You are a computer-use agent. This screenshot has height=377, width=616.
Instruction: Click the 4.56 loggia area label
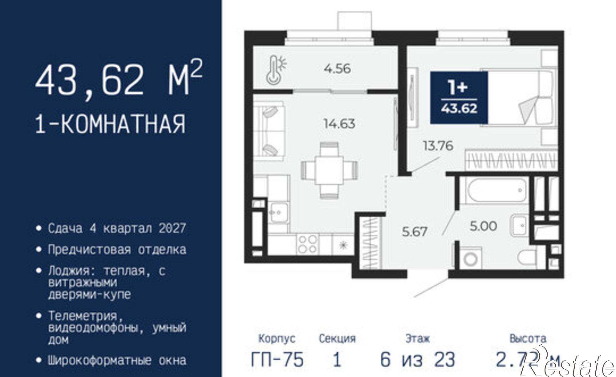click(x=337, y=68)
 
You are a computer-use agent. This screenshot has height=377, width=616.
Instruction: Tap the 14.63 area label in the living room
click(x=339, y=124)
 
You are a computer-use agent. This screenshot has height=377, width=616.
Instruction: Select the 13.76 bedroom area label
click(x=438, y=145)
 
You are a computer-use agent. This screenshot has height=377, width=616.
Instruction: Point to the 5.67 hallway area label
click(x=414, y=232)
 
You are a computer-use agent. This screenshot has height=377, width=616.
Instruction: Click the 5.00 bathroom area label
click(x=483, y=226)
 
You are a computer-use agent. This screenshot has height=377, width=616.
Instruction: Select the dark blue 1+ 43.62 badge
click(x=459, y=97)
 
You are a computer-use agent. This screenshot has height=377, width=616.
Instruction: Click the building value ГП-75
click(x=277, y=359)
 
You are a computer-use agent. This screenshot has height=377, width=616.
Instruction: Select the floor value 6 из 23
click(x=417, y=359)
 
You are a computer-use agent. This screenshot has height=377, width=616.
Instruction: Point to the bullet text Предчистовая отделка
click(x=117, y=249)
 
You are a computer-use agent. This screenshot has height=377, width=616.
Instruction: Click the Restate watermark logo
click(x=570, y=365)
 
